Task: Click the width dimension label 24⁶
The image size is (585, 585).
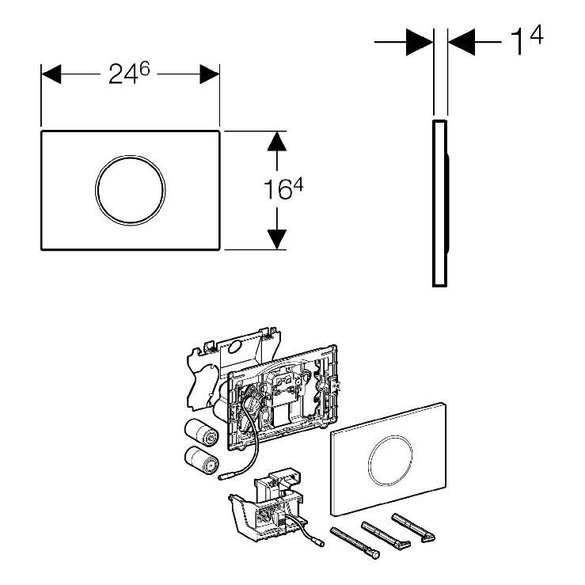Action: click(129, 73)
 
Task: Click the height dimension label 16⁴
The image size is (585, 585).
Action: click(283, 188)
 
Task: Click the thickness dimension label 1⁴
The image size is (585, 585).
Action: click(526, 40)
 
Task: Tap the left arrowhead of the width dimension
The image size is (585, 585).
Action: click(51, 74)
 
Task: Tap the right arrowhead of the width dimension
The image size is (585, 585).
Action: click(209, 74)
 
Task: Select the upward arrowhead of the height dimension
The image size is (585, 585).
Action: click(276, 141)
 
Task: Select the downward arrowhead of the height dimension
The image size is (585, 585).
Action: click(276, 239)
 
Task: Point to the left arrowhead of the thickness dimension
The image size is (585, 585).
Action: click(420, 42)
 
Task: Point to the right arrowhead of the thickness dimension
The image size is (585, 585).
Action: click(462, 42)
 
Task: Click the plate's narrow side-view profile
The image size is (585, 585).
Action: click(440, 203)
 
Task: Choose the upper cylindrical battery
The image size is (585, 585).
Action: click(201, 432)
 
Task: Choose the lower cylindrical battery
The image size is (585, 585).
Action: click(202, 460)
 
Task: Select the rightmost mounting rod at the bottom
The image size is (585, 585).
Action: click(413, 527)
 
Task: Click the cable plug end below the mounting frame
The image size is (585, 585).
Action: click(225, 477)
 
